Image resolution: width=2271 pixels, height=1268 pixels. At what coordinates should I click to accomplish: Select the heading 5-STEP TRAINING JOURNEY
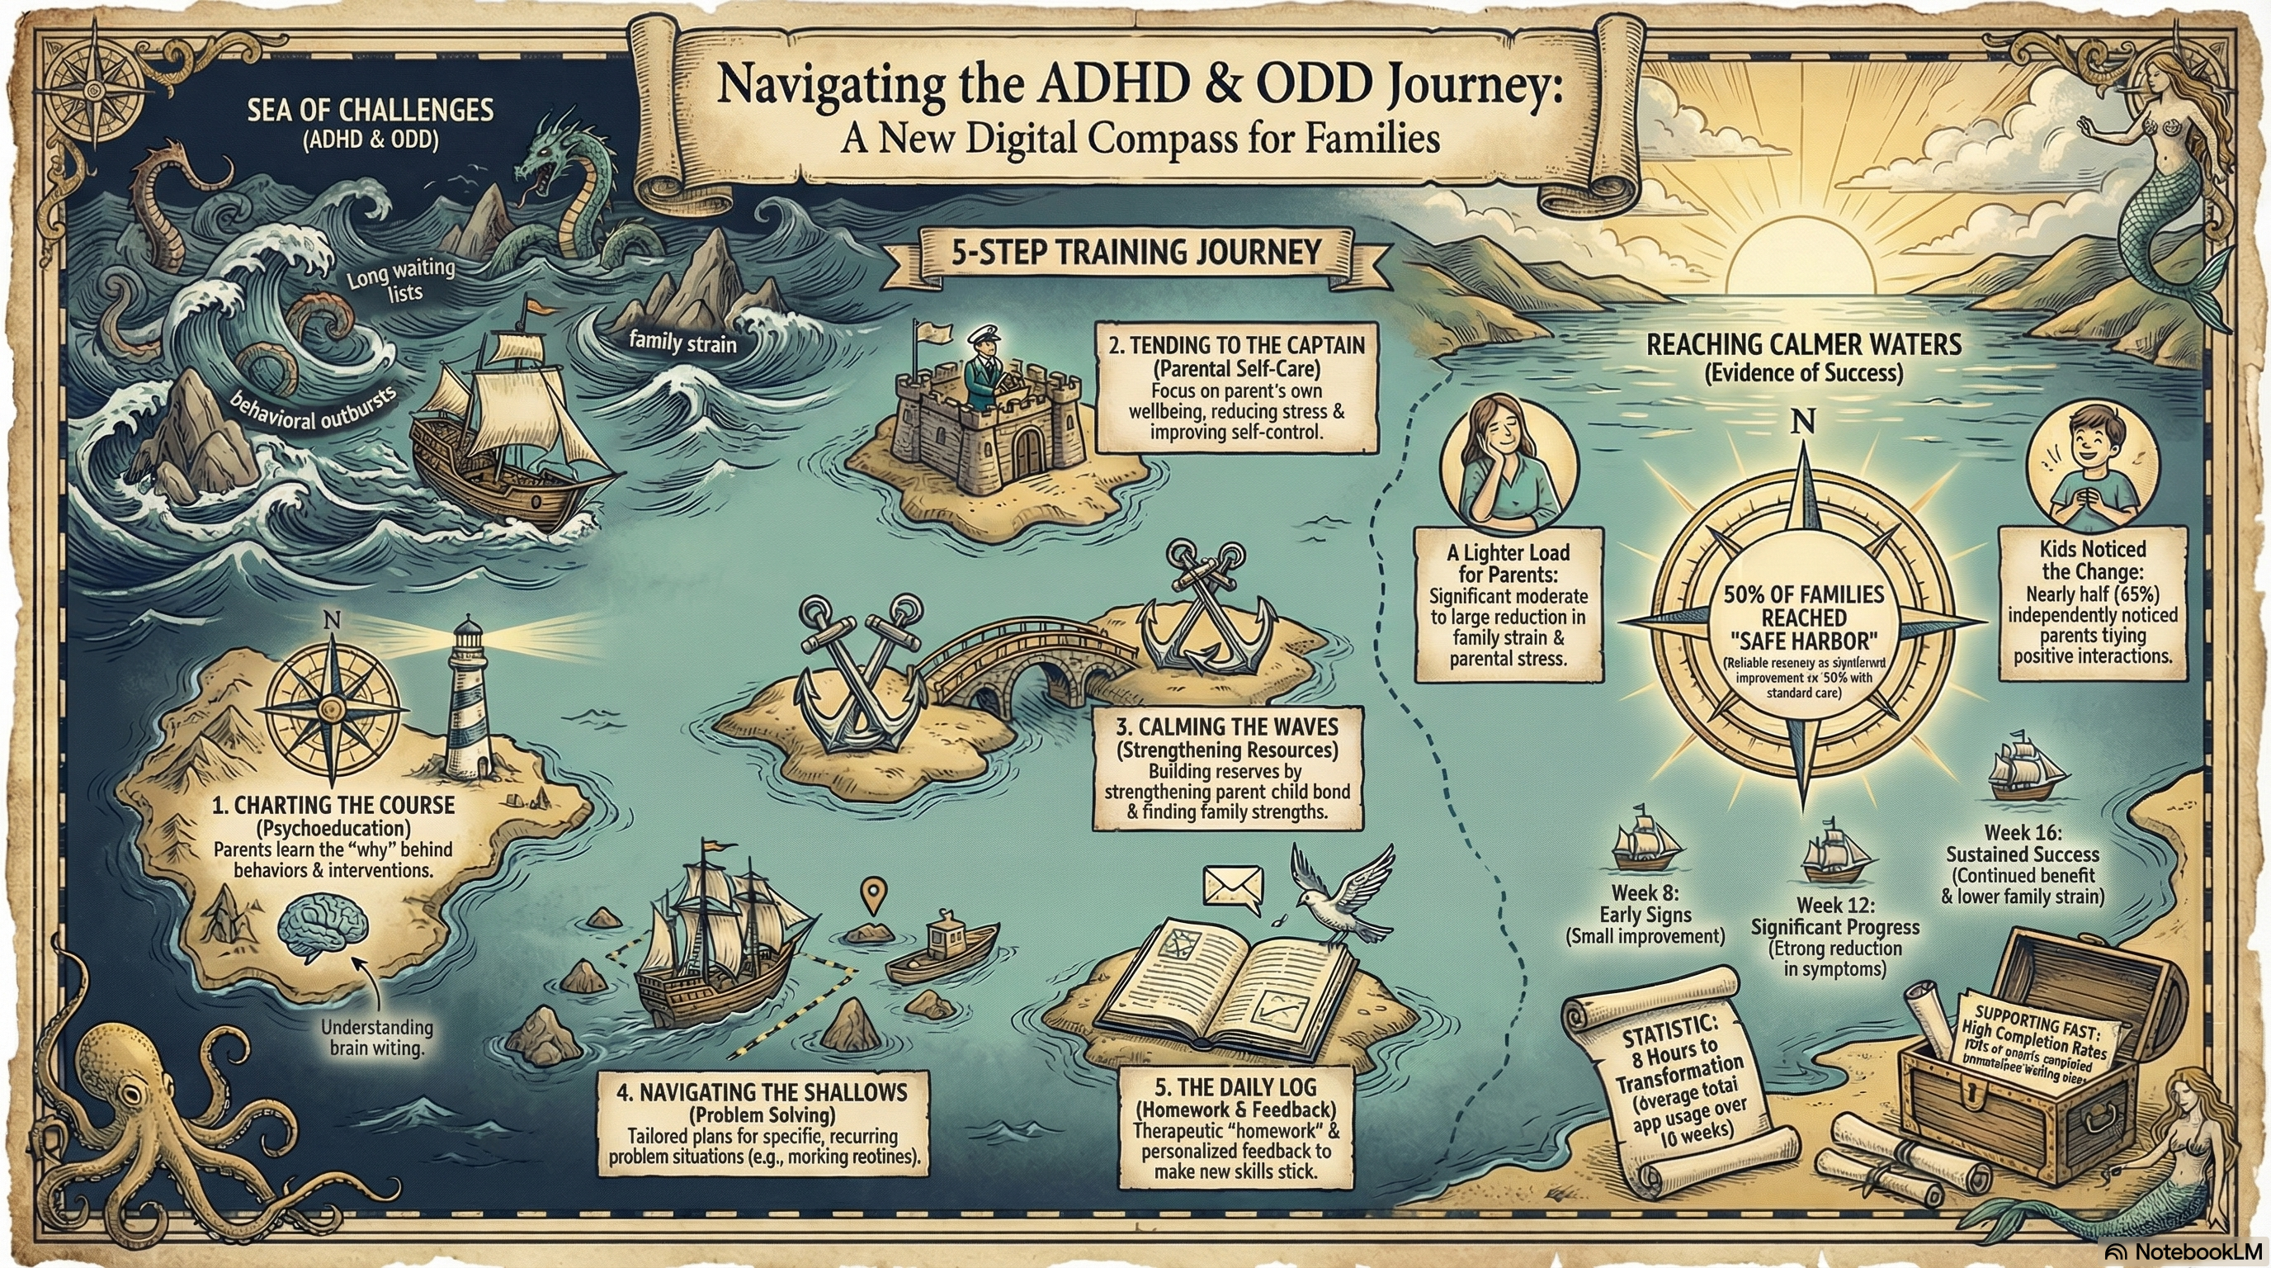[x=1136, y=253]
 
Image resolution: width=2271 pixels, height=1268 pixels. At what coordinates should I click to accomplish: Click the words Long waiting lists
[x=402, y=280]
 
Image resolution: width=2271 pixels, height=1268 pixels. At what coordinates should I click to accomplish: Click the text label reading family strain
[x=683, y=341]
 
